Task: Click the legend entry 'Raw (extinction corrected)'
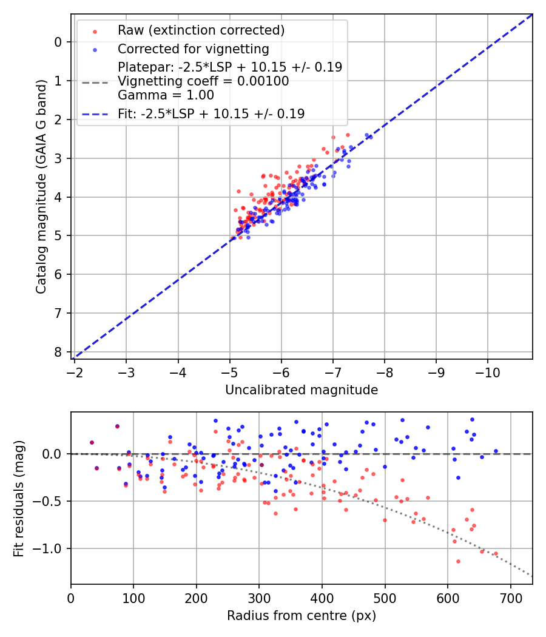click(201, 30)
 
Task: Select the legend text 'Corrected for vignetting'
click(193, 49)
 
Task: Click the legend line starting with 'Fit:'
click(211, 113)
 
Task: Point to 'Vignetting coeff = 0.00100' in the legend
click(203, 81)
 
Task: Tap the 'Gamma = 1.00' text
click(166, 95)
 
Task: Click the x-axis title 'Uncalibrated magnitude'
click(302, 390)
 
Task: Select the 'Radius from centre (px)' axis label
click(302, 616)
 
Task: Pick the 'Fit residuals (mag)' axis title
click(19, 498)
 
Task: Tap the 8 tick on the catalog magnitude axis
click(59, 352)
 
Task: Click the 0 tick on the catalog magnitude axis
click(59, 42)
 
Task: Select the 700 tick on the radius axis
click(510, 598)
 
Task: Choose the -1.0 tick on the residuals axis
click(49, 548)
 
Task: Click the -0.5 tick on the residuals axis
click(49, 501)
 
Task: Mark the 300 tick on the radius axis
click(259, 598)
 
